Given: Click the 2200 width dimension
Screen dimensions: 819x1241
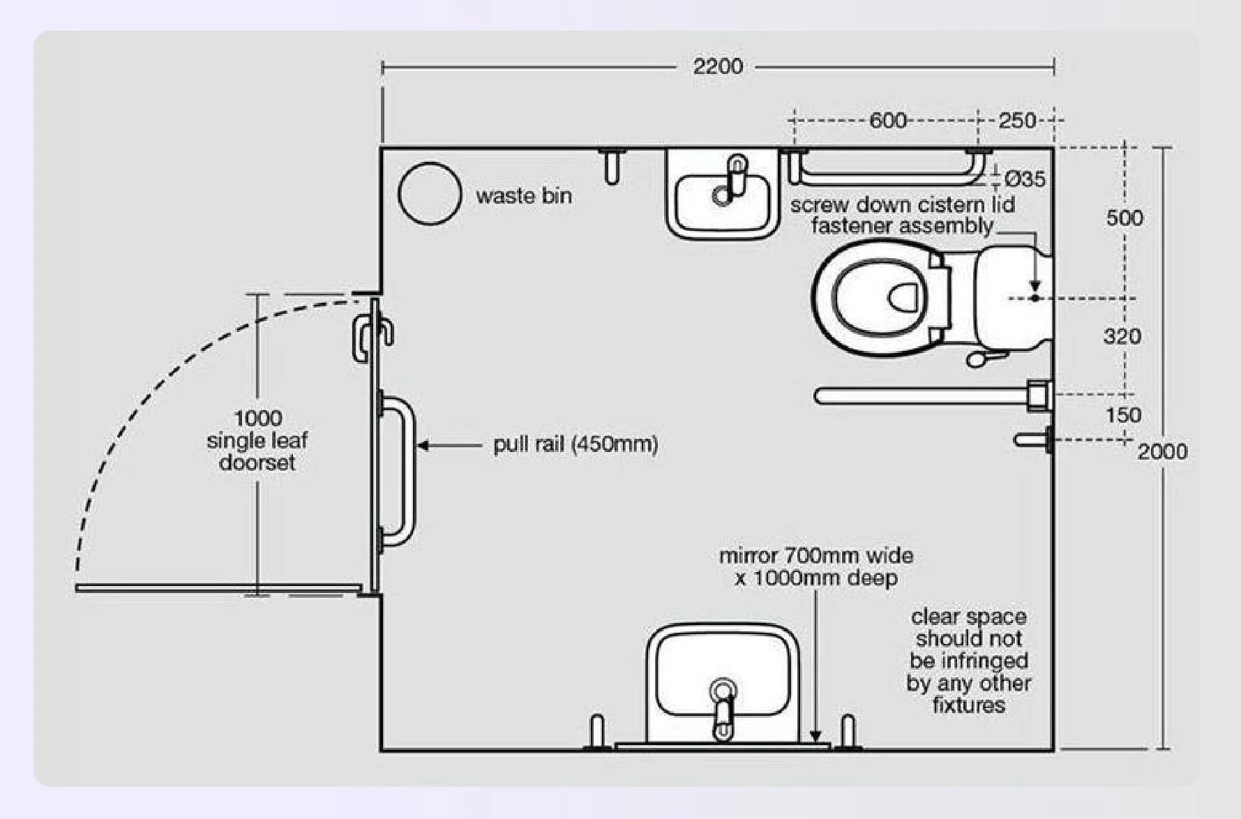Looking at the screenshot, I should tap(718, 67).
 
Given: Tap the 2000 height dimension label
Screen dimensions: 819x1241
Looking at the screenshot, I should tap(1162, 451).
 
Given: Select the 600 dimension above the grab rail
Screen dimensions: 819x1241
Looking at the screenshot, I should tap(887, 121).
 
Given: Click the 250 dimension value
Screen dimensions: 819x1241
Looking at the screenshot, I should tap(1017, 121).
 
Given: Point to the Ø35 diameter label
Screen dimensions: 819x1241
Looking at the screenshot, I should tap(1025, 179).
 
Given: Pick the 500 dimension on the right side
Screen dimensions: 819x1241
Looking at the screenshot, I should tap(1125, 218).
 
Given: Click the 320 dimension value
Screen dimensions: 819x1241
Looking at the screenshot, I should tap(1122, 337).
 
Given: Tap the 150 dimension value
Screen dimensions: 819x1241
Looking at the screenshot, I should tap(1123, 415).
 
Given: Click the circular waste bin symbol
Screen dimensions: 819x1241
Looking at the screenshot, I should tap(430, 194).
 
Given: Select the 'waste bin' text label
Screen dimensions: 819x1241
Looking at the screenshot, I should tap(524, 196).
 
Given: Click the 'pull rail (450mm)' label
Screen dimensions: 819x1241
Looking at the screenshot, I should tap(576, 444).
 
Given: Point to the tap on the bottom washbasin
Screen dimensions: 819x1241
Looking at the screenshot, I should tap(723, 708).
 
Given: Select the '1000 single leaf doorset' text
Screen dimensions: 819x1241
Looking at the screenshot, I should tap(257, 440).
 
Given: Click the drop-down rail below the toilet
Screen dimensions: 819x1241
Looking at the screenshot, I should tap(921, 396).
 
